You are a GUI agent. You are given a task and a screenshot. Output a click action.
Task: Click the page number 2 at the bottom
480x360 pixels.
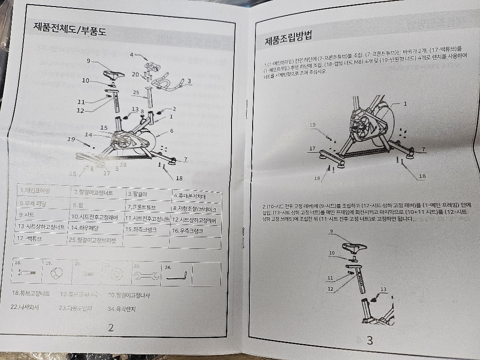(x=111, y=328)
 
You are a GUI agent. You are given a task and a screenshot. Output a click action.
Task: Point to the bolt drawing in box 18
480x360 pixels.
(x=26, y=274)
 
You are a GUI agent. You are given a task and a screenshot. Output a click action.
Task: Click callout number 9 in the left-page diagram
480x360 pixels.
(x=88, y=60)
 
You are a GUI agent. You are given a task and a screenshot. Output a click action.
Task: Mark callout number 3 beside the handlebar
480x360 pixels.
(x=188, y=81)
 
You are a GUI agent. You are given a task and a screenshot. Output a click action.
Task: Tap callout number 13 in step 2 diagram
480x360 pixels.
(x=383, y=289)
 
